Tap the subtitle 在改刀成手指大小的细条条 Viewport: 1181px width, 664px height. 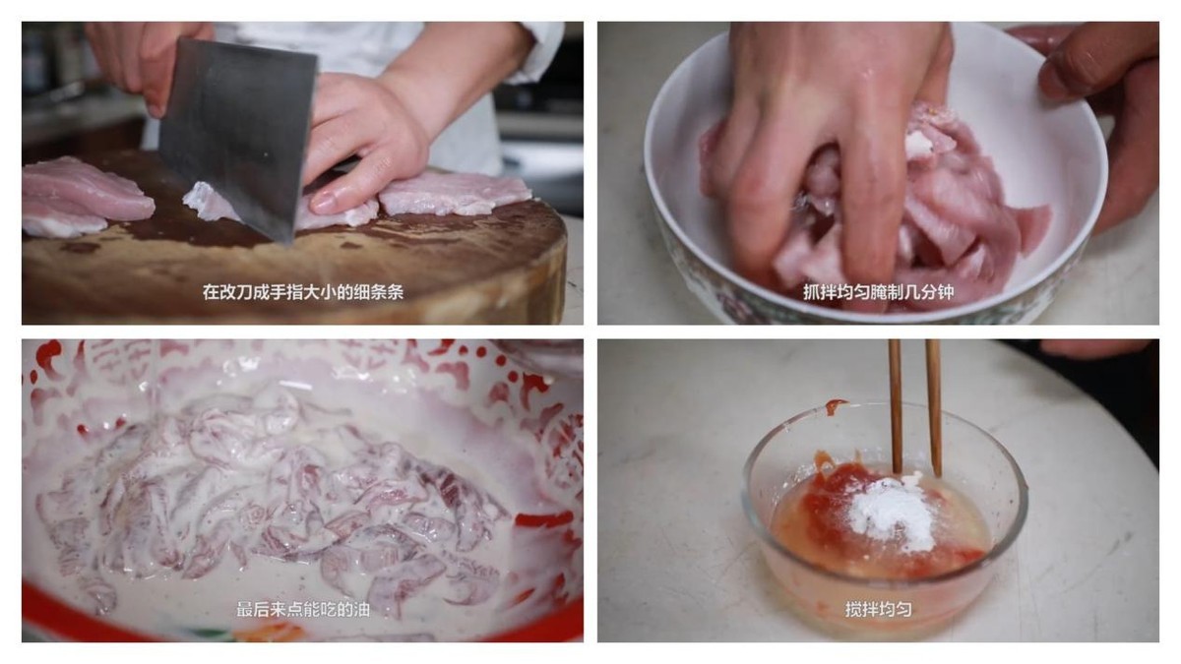[x=303, y=292]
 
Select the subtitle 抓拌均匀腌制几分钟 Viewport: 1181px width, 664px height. [x=878, y=292]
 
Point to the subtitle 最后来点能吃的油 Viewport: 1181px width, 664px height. [x=303, y=610]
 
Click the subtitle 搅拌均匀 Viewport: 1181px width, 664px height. [x=878, y=610]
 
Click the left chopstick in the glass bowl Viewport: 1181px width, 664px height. [x=895, y=405]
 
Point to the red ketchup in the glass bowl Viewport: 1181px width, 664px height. [x=833, y=506]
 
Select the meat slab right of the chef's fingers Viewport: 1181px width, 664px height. [x=455, y=194]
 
